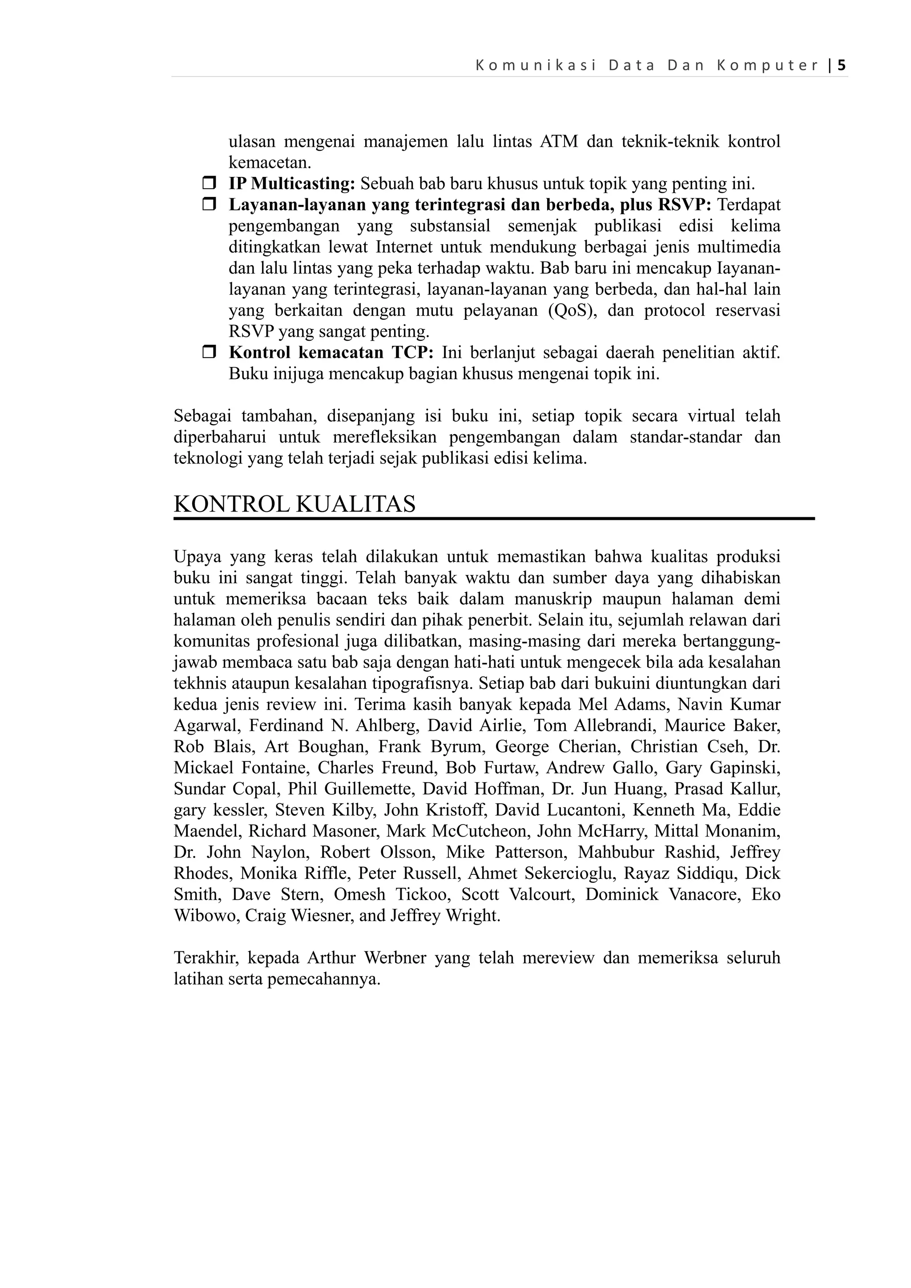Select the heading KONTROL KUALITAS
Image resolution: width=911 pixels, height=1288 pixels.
[294, 504]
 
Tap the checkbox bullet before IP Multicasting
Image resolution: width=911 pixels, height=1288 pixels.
[209, 183]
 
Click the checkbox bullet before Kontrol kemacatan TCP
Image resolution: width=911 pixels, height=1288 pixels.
[209, 353]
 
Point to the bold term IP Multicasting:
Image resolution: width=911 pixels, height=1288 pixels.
[292, 183]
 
